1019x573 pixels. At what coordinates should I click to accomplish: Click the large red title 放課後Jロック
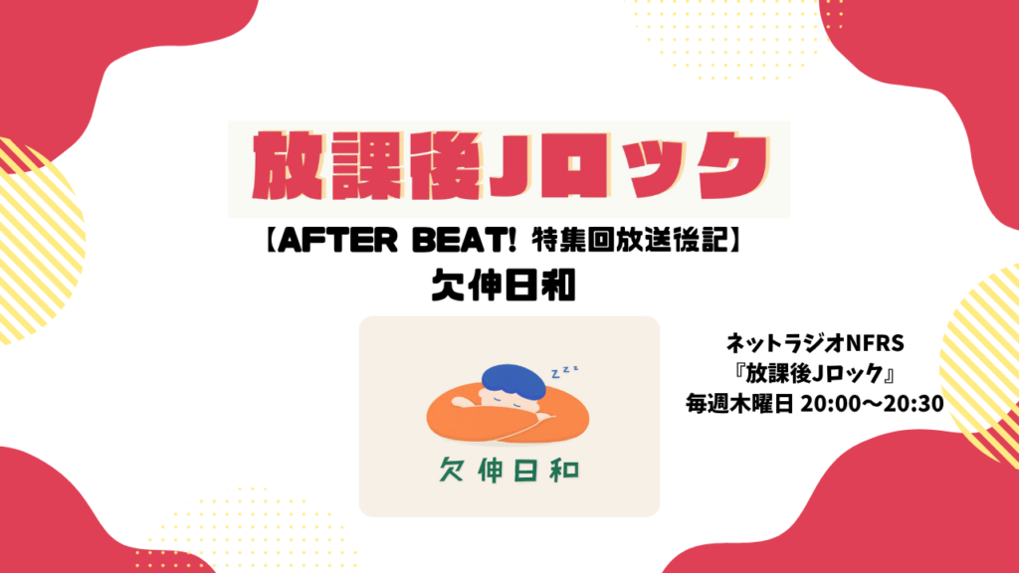pyautogui.click(x=510, y=166)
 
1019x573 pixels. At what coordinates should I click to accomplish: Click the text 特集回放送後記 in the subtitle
pyautogui.click(x=629, y=241)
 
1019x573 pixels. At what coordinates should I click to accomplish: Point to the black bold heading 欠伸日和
pyautogui.click(x=504, y=286)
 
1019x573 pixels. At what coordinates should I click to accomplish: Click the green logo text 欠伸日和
pyautogui.click(x=509, y=471)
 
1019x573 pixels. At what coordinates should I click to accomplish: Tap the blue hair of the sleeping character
pyautogui.click(x=512, y=381)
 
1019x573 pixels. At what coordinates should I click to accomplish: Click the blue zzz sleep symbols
pyautogui.click(x=564, y=372)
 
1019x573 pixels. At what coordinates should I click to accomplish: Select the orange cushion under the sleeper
pyautogui.click(x=508, y=417)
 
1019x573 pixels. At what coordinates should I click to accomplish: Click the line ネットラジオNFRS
pyautogui.click(x=814, y=342)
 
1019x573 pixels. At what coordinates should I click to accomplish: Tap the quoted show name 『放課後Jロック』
pyautogui.click(x=814, y=374)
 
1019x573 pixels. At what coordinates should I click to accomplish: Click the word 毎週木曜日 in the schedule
pyautogui.click(x=739, y=404)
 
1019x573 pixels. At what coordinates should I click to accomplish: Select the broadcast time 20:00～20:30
pyautogui.click(x=872, y=404)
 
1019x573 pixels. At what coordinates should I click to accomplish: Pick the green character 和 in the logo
pyautogui.click(x=564, y=471)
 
